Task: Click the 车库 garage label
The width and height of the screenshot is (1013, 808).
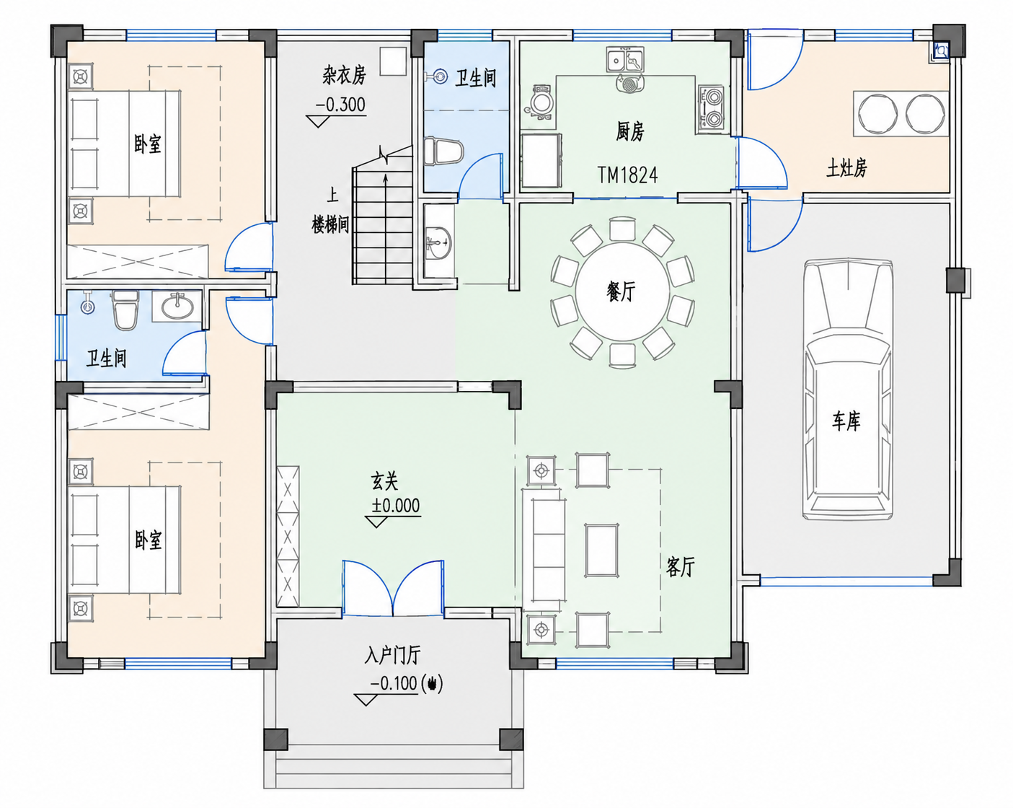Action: (x=846, y=421)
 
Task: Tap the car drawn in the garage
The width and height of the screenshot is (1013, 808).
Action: (x=848, y=389)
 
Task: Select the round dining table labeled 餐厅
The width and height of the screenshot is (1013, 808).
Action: (x=622, y=291)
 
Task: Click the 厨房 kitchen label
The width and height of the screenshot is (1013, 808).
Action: (x=630, y=131)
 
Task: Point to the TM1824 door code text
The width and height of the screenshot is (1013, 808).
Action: (x=627, y=175)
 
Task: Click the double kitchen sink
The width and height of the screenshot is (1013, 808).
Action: (x=624, y=59)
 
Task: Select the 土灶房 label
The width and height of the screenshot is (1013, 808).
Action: (x=846, y=167)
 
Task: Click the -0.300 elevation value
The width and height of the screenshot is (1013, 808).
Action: (x=340, y=105)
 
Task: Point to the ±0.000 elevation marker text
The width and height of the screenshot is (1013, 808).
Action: (x=395, y=506)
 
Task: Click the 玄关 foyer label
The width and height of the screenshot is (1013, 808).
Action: (x=384, y=481)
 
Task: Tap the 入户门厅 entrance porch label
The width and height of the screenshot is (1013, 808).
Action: (x=392, y=655)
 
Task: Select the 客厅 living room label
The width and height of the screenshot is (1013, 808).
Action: (x=680, y=567)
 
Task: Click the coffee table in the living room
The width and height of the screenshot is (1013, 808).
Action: (x=601, y=550)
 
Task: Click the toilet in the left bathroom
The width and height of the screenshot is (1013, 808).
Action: (x=125, y=310)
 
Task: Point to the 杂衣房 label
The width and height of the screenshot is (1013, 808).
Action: (x=344, y=74)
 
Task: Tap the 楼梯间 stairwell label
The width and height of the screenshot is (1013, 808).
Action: (x=330, y=224)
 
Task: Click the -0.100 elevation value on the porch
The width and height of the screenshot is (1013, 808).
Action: (x=394, y=683)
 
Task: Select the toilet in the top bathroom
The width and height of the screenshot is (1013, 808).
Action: (x=443, y=151)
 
